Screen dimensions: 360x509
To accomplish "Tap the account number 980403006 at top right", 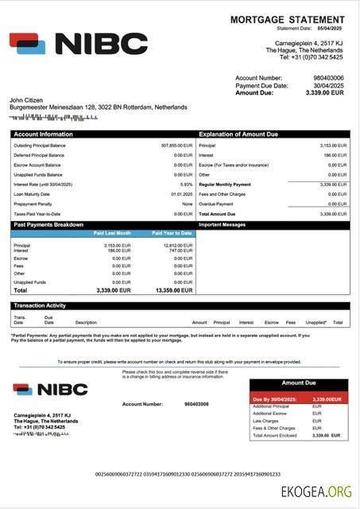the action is coord(328,78).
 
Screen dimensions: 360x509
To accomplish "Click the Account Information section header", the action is coord(43,134).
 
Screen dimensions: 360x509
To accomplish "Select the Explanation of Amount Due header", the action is coord(238,134).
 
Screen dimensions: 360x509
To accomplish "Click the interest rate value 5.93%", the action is coord(186,184).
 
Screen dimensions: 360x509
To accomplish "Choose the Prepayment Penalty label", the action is coord(32,204).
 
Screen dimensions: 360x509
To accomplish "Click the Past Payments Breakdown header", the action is coord(48,225).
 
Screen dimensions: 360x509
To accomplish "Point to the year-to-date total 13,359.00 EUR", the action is coord(172,290).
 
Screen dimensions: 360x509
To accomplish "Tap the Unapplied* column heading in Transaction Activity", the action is coord(315,322).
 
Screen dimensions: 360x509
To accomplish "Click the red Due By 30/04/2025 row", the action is coord(299,398).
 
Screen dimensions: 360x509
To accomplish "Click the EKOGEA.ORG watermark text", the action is coord(315,492).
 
